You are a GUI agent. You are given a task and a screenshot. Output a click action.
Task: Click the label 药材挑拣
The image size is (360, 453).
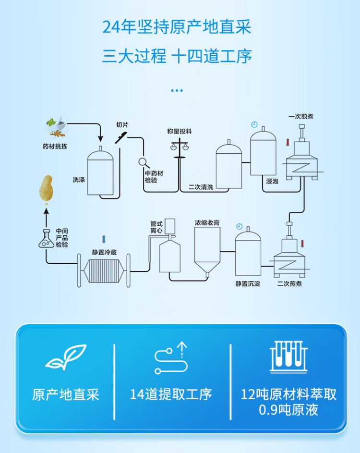click(54, 146)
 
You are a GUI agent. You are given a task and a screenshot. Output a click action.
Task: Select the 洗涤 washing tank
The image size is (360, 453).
click(100, 172)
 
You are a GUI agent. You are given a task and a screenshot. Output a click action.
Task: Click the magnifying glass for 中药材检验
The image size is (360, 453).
click(143, 162)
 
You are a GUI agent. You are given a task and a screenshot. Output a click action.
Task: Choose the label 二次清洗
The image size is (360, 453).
click(201, 187)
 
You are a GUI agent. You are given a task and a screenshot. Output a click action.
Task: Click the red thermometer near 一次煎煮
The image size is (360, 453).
click(287, 143)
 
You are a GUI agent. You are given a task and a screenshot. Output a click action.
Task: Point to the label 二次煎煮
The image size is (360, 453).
click(289, 284)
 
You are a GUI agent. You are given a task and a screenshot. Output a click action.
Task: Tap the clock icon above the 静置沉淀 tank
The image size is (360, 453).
click(239, 226)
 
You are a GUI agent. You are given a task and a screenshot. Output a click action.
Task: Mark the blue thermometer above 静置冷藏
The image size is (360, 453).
click(103, 239)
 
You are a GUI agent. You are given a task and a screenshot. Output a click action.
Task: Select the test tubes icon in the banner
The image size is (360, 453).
click(288, 356)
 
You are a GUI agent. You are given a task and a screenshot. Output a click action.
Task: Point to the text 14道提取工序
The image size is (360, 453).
click(171, 395)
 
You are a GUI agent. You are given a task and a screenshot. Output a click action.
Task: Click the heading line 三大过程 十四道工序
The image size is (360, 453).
click(177, 57)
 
